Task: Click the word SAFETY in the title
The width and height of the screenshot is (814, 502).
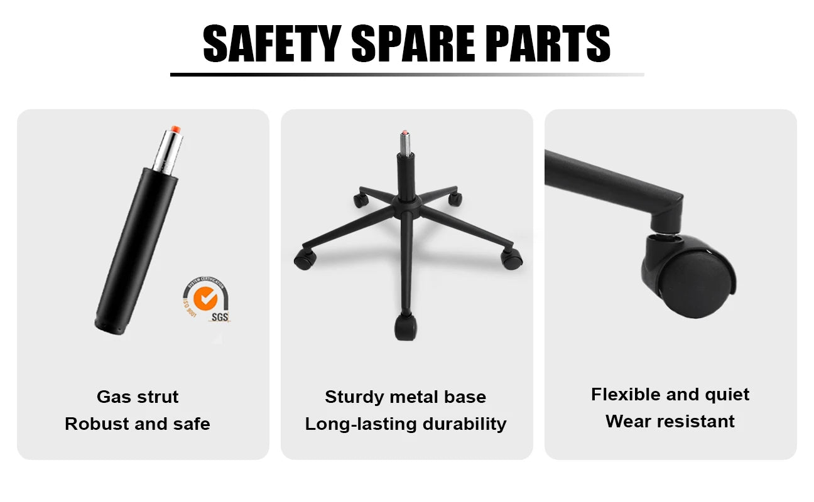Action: (272, 43)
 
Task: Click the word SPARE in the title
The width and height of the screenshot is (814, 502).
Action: (413, 43)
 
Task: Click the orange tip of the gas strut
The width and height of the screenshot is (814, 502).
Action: (176, 129)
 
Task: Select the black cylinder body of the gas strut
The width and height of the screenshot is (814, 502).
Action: (136, 250)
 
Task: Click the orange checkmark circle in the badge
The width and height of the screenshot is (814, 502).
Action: (205, 298)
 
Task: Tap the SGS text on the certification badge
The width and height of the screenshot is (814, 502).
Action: (220, 317)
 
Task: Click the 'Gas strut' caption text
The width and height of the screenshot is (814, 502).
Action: (138, 397)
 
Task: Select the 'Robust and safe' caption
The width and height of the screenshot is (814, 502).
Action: (138, 424)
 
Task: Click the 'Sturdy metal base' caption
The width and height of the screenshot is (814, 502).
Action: (406, 397)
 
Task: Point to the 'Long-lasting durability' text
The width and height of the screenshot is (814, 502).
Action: (406, 424)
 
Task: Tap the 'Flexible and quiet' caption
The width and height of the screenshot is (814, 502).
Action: (670, 395)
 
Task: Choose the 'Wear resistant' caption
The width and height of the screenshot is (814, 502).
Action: (670, 422)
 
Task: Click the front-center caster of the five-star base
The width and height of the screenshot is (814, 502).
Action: (405, 327)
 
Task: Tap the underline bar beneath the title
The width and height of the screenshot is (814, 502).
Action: (407, 75)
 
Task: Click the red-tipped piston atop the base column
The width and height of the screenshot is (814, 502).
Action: (405, 142)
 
